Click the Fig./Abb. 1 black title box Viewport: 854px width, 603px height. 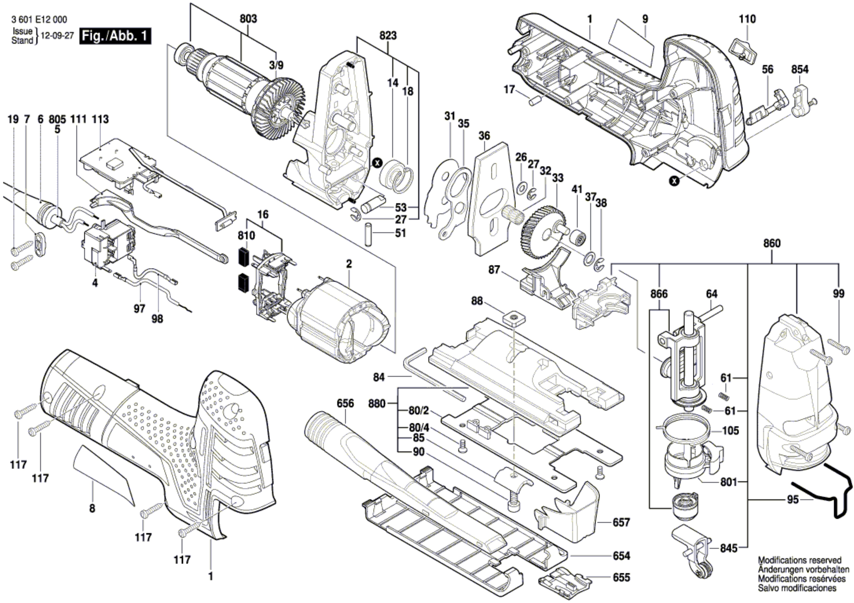115,36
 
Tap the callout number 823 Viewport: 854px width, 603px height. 388,35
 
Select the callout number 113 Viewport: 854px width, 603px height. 100,119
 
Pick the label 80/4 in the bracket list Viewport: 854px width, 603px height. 419,428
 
